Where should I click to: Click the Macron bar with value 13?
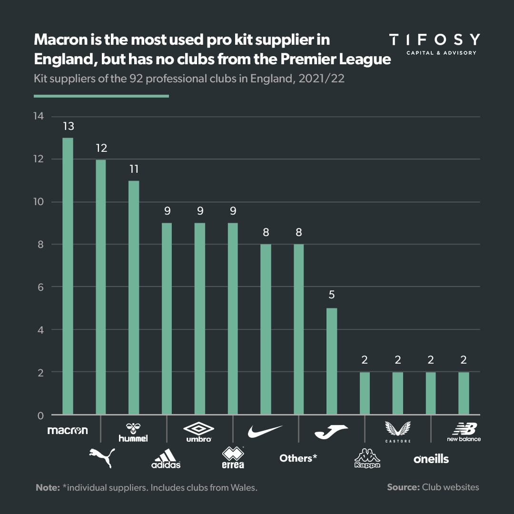(68, 276)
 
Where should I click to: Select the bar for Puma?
(101, 287)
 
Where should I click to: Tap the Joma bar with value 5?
(332, 361)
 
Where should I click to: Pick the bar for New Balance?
(464, 393)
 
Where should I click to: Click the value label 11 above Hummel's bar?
(134, 169)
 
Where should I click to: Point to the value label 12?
(101, 148)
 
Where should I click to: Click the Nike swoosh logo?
(265, 431)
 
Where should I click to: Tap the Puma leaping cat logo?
(102, 457)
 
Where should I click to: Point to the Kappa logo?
(367, 458)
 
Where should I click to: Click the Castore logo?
(398, 432)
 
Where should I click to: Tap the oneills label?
(431, 458)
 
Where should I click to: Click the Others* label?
(298, 458)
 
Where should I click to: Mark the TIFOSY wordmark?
(435, 40)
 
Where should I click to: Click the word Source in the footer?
(403, 487)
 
